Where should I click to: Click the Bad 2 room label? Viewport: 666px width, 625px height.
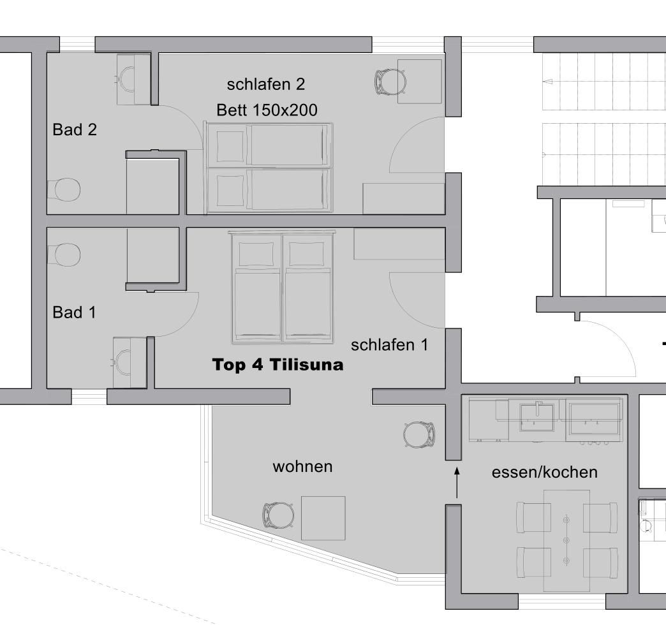[75, 129]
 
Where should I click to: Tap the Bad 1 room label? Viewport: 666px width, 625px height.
[75, 312]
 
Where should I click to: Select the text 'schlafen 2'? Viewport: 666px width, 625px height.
[266, 84]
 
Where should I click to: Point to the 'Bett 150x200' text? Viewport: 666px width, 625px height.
[267, 110]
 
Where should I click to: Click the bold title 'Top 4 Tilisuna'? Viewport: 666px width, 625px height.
[277, 365]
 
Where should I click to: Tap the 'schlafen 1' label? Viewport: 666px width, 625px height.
[390, 345]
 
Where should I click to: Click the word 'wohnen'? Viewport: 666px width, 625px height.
[302, 467]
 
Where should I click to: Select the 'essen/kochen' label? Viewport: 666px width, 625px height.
[545, 472]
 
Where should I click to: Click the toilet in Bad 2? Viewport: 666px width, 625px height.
[64, 189]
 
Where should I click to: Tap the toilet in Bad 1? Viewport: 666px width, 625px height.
[64, 254]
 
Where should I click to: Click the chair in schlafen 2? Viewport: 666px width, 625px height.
[390, 82]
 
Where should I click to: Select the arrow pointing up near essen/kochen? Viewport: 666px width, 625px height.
[457, 482]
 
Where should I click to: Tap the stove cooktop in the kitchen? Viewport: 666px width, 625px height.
[594, 419]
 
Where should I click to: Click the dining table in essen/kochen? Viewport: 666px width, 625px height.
[566, 540]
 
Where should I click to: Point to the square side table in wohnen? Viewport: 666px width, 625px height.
[323, 518]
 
